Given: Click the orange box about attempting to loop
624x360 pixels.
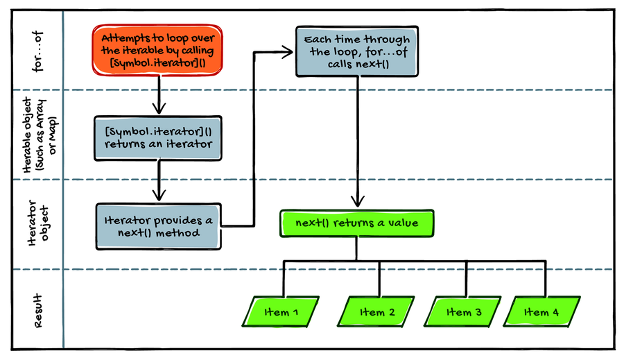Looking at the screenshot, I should pos(159,49).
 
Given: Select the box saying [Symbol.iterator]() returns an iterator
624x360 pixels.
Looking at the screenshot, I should pos(159,138).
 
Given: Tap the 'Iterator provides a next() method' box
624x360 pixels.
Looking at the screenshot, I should pos(159,226).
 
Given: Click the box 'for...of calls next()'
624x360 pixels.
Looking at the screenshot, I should pos(357,51).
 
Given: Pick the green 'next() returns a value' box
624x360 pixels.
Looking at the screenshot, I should pos(357,223).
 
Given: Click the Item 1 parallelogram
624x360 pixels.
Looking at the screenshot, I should pos(281,311).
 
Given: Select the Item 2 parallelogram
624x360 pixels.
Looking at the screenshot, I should pos(378,311).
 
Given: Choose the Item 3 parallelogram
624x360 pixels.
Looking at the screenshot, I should pos(465,311).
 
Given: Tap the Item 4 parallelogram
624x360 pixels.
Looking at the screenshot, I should pos(541,311).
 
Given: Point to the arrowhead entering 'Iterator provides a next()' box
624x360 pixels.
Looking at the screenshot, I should pos(159,197).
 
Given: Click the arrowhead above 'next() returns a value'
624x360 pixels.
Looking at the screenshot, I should pos(357,203).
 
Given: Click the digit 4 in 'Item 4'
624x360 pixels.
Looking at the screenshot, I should pos(555,312).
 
